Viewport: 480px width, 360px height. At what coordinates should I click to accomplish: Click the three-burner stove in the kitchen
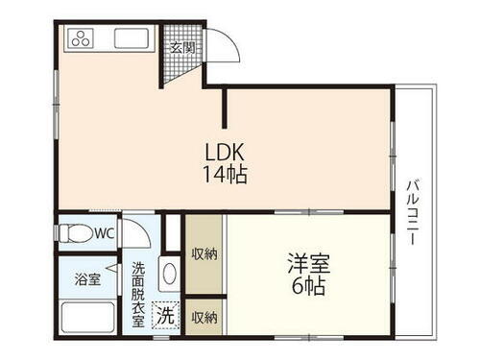coord(80,39)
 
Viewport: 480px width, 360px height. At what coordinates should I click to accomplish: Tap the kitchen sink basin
coord(130,40)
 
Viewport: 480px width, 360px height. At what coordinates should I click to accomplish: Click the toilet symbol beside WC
coord(76,232)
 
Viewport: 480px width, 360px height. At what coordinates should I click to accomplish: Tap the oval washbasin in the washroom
coord(170,274)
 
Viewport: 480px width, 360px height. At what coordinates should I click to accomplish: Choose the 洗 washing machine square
coord(166,313)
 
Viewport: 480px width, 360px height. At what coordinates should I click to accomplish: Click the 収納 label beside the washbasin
coord(203,255)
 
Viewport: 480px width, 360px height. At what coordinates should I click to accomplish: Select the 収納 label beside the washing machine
coord(203,316)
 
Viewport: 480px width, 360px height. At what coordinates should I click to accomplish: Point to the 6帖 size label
coord(306,285)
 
